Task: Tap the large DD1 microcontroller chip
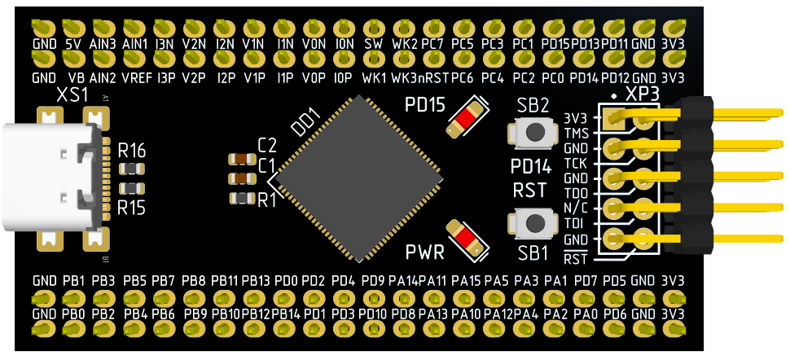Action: (x=358, y=178)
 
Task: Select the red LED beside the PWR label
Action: (x=467, y=238)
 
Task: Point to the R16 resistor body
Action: (x=132, y=168)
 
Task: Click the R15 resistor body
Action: (x=132, y=189)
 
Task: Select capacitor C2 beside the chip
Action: (x=243, y=160)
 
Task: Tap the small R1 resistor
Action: (x=243, y=198)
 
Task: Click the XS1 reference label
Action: (x=72, y=95)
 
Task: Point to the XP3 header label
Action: (x=643, y=94)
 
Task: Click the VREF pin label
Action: (x=138, y=79)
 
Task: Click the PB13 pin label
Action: (x=256, y=280)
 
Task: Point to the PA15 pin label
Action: (x=466, y=280)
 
